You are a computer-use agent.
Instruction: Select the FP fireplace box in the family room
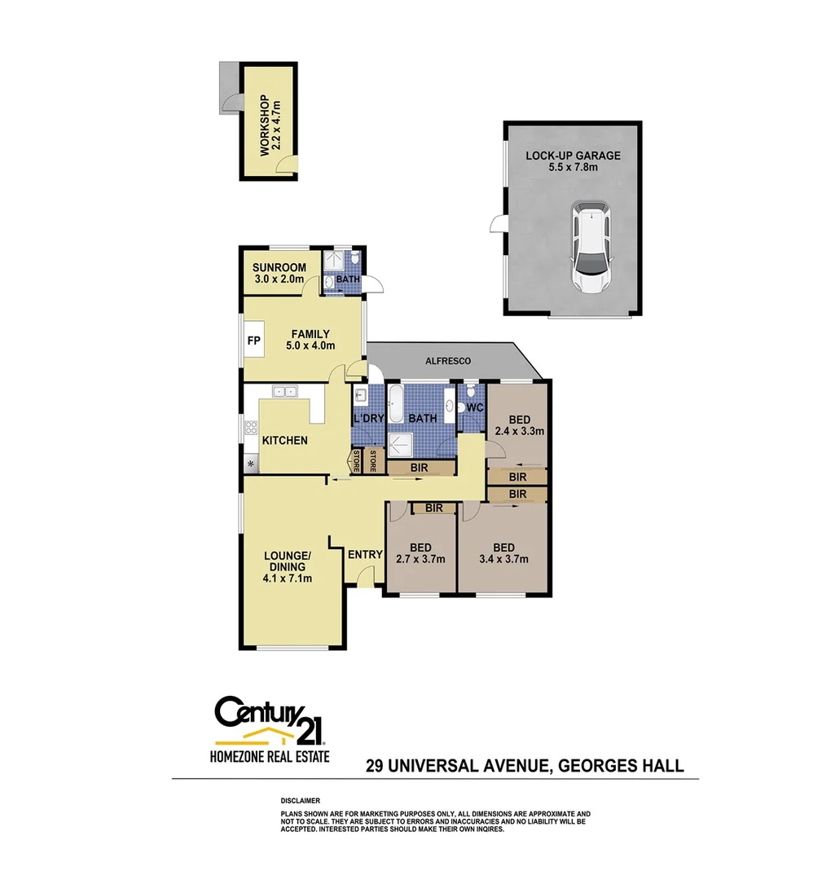tap(253, 341)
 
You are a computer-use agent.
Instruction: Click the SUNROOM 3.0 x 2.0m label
tap(279, 273)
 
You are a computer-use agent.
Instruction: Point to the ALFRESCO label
tap(448, 360)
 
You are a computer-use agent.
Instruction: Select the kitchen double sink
tap(285, 391)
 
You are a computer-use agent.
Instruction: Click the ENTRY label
tap(364, 555)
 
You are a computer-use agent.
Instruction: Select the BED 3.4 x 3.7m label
tap(503, 552)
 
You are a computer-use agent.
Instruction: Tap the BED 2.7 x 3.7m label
tap(420, 552)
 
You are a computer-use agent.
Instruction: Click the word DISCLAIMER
tap(301, 801)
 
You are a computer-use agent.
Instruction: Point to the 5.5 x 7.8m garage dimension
tap(573, 167)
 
